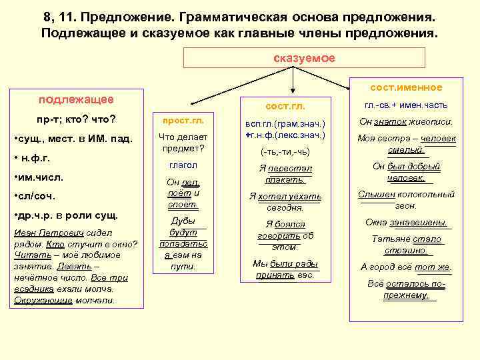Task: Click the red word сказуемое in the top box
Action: [x=305, y=58]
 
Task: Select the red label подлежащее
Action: [x=75, y=100]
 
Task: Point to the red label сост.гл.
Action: [x=285, y=106]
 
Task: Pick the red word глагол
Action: [x=183, y=165]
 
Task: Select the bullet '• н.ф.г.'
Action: [x=33, y=158]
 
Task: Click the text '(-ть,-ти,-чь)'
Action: [x=285, y=151]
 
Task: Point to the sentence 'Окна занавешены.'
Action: [x=406, y=223]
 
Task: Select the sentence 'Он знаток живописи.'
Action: [x=406, y=122]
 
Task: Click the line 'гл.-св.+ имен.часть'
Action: [x=406, y=105]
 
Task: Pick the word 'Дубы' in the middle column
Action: [x=183, y=221]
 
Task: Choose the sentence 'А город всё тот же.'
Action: [x=406, y=267]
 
